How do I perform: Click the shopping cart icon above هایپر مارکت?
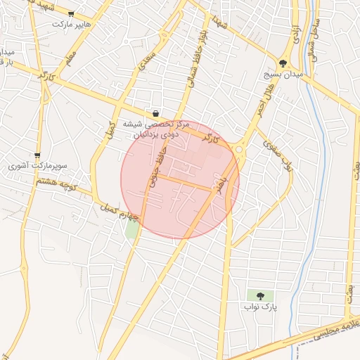(x=71, y=13)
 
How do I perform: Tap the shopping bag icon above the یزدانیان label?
(x=155, y=113)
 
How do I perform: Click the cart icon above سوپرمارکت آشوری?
(x=37, y=156)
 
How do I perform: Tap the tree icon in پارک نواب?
(x=261, y=296)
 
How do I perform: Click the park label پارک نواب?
(x=261, y=307)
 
